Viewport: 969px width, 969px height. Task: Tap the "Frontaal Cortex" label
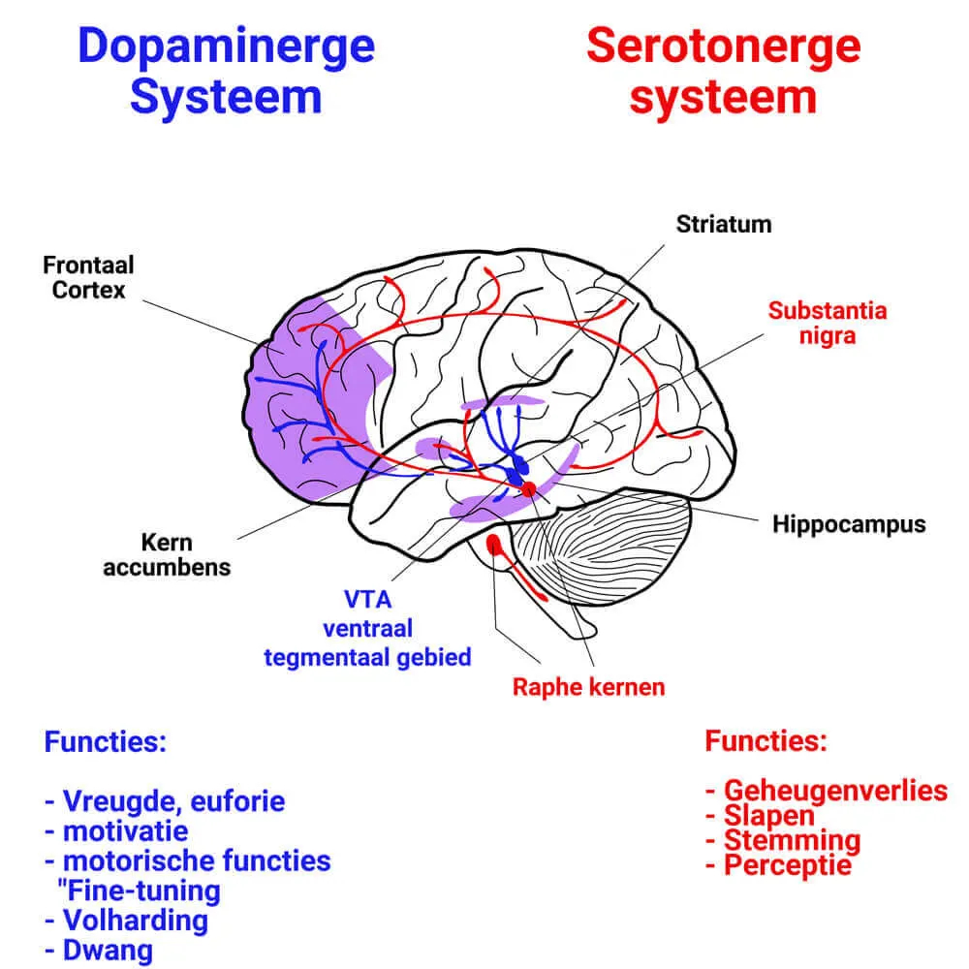click(88, 276)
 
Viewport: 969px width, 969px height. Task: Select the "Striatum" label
click(724, 225)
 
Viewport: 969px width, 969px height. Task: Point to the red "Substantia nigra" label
click(827, 324)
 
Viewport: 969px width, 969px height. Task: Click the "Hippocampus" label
click(849, 524)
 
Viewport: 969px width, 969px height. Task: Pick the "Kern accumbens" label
click(167, 554)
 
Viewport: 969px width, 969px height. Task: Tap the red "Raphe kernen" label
click(588, 687)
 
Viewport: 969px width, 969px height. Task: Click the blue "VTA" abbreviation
click(367, 600)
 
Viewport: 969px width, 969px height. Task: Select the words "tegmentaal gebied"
click(367, 656)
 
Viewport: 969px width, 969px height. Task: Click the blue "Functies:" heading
click(105, 743)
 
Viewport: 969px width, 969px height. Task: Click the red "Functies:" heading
click(766, 742)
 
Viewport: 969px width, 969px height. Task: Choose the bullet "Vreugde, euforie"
click(173, 801)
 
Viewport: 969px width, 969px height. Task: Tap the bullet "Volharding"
click(135, 920)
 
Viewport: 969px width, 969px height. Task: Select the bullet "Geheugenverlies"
click(834, 790)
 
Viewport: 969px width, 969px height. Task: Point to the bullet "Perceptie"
click(788, 864)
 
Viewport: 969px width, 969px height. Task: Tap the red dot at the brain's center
click(529, 489)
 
